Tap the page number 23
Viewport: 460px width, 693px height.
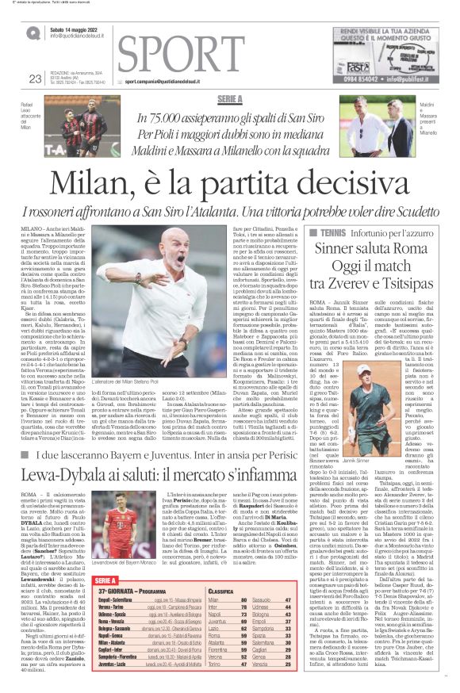[x=34, y=78]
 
